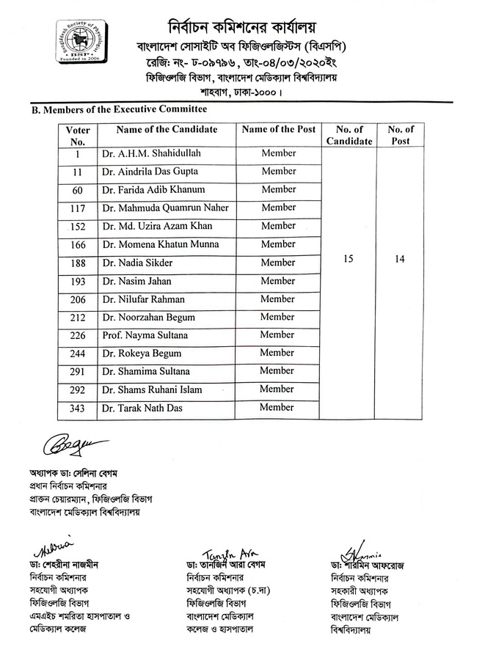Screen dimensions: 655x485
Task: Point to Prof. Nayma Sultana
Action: tap(145, 335)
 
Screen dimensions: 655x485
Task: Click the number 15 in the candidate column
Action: tap(349, 260)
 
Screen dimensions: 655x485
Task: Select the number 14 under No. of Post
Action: tap(401, 260)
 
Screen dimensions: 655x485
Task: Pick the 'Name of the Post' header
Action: tap(279, 130)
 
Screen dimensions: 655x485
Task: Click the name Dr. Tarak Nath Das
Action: tap(142, 408)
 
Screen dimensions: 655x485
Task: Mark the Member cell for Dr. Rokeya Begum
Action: tap(277, 353)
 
